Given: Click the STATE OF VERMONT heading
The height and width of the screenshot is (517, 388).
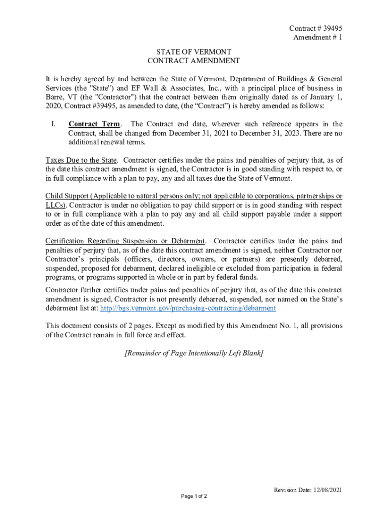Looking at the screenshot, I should [x=193, y=52].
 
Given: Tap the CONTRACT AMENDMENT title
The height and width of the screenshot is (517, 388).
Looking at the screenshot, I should [x=193, y=61].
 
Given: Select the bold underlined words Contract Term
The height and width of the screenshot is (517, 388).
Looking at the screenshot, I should [x=94, y=124].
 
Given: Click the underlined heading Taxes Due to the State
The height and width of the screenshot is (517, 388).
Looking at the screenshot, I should [x=81, y=161].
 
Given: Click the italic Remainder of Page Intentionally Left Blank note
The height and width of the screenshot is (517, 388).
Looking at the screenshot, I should [x=193, y=353].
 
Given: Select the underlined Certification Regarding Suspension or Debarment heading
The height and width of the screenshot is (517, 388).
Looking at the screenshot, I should [x=125, y=241].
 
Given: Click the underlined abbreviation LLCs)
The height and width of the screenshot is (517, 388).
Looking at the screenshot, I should [x=55, y=205].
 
